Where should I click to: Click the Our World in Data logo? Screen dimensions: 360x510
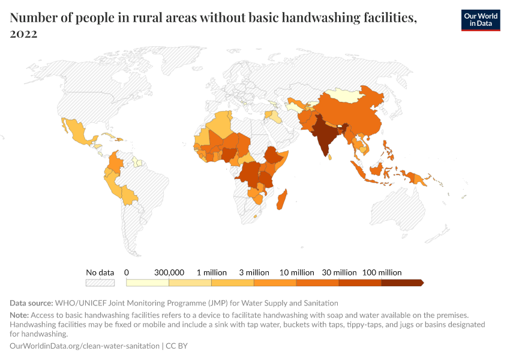[480, 20]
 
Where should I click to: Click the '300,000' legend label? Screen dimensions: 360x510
[169, 272]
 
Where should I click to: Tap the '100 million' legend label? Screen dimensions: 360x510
[382, 272]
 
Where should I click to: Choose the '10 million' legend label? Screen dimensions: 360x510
[297, 272]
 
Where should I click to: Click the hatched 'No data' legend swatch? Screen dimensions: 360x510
[100, 283]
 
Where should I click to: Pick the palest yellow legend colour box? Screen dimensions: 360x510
[148, 283]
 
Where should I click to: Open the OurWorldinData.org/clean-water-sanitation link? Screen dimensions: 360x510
[85, 346]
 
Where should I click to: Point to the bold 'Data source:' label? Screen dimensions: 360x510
[32, 303]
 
